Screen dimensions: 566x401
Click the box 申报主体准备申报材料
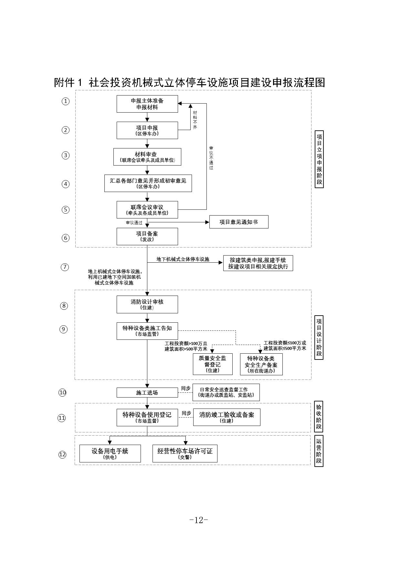point(147,104)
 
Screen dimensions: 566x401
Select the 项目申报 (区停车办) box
point(147,130)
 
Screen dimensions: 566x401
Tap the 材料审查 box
point(147,157)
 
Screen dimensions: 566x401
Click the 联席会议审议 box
point(147,210)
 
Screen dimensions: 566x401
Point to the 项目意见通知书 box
point(238,222)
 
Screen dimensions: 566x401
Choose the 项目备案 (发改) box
point(147,237)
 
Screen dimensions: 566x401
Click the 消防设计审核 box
point(147,304)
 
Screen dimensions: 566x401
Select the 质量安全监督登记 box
point(212,364)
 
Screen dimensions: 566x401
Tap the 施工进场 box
point(147,393)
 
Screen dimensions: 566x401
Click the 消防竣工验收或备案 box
point(227,417)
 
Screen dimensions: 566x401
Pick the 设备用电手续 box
point(110,453)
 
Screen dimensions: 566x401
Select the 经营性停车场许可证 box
point(185,453)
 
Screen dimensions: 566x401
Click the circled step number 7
point(65,267)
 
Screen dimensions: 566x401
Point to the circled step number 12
point(62,455)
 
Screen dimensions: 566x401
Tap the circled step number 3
point(66,155)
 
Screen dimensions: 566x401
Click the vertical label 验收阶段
point(319,417)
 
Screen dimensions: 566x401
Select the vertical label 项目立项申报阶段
point(319,159)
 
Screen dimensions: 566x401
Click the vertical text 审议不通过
point(211,158)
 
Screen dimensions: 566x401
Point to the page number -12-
point(198,520)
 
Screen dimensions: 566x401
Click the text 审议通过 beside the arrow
point(134,223)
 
